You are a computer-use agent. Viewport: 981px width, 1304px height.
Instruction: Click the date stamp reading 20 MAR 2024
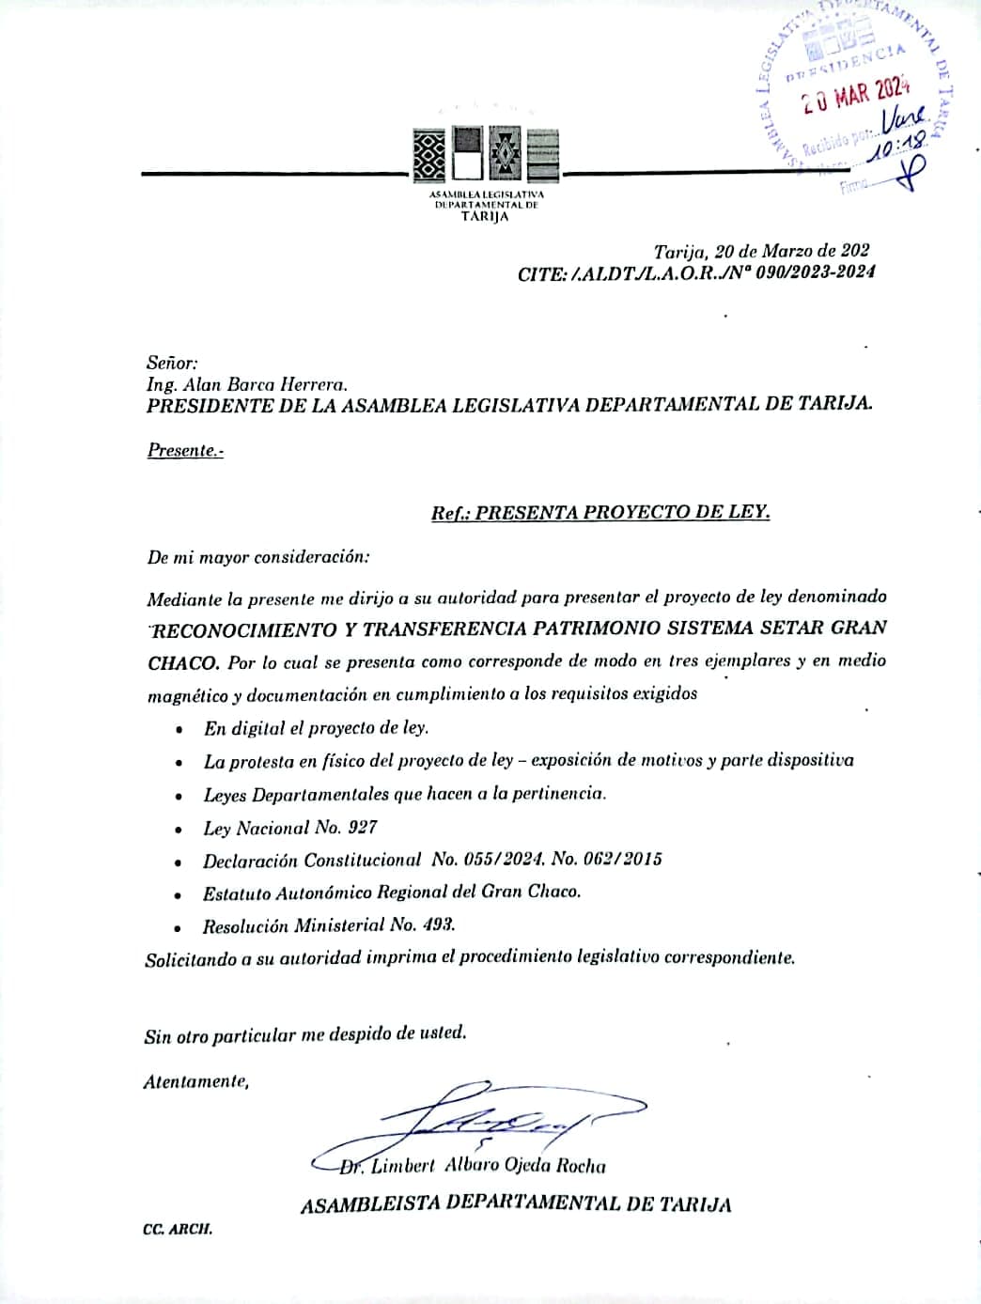(856, 94)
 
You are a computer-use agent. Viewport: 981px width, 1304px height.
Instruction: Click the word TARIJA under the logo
(485, 217)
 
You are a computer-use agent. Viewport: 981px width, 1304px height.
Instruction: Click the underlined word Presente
(184, 450)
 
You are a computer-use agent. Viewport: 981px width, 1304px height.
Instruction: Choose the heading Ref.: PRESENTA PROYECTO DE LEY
(600, 513)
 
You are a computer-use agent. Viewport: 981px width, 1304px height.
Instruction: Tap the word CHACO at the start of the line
(183, 662)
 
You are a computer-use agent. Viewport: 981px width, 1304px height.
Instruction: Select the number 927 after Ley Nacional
(363, 828)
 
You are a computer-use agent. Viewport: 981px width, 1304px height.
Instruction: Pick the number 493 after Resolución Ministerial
(439, 925)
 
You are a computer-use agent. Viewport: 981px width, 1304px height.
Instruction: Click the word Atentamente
(196, 1082)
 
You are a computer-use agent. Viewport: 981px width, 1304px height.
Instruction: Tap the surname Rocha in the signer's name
(581, 1167)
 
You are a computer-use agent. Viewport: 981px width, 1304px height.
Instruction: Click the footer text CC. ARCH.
(178, 1230)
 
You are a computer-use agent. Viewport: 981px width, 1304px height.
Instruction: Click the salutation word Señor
(172, 363)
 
